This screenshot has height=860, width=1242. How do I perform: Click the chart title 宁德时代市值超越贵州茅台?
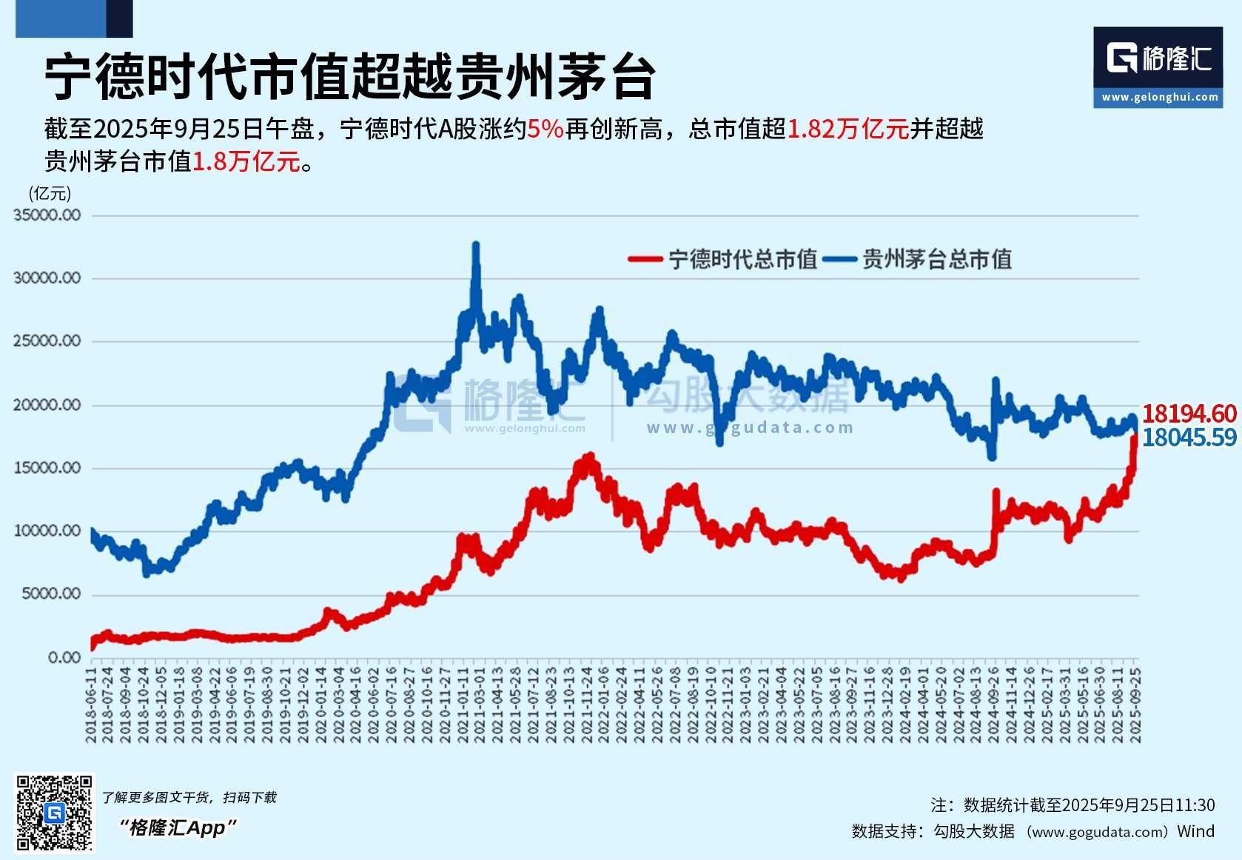[x=349, y=76]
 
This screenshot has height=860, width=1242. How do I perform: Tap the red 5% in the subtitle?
[x=546, y=130]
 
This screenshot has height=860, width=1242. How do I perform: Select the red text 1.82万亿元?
[x=847, y=130]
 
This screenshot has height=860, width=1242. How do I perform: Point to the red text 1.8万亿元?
[x=246, y=161]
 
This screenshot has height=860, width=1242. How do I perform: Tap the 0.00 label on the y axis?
[x=64, y=657]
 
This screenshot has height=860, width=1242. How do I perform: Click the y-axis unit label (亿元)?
[x=50, y=194]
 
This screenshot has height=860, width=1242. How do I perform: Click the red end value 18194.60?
[x=1189, y=414]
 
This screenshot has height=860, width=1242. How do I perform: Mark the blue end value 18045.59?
[x=1189, y=437]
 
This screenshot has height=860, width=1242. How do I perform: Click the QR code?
[x=55, y=813]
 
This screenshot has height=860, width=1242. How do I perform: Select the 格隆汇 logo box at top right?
[x=1158, y=67]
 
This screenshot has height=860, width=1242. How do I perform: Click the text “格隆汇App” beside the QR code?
[x=178, y=827]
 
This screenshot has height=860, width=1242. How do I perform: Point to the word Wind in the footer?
[x=1195, y=831]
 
